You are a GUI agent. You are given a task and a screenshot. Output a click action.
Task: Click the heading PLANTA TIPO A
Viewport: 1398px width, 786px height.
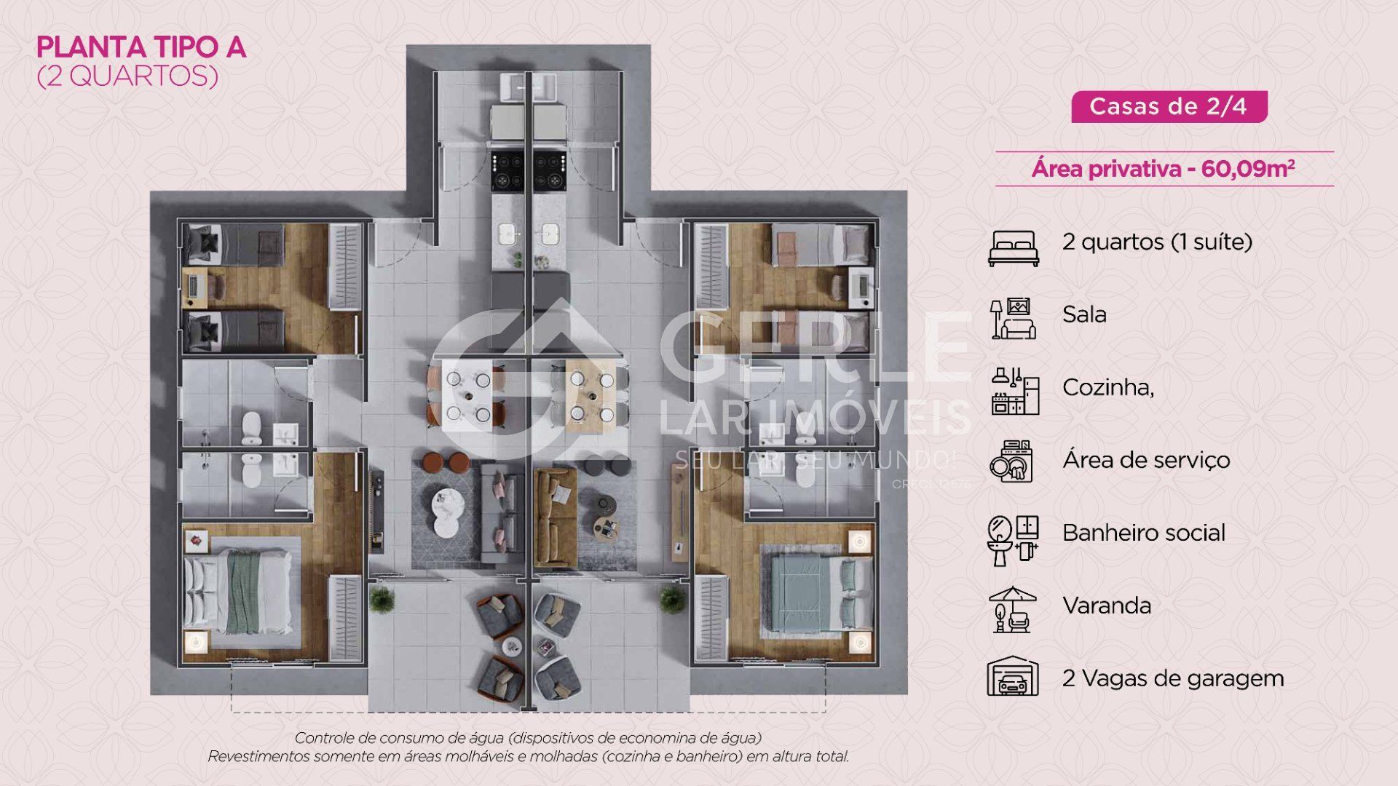tap(141, 48)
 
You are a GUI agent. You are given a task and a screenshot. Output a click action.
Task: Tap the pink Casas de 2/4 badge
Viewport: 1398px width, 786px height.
tap(1169, 106)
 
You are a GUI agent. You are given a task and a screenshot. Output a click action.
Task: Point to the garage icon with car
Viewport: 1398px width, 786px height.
tap(1012, 678)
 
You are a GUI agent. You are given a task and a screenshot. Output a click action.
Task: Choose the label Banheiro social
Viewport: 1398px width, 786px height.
tap(1143, 533)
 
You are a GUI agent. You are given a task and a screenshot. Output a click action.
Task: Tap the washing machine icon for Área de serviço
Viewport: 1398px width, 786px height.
tap(1012, 461)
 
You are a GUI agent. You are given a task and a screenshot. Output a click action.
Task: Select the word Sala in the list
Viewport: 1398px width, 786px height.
tap(1084, 314)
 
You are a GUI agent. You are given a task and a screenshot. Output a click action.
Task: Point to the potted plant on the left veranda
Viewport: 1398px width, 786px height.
tap(381, 599)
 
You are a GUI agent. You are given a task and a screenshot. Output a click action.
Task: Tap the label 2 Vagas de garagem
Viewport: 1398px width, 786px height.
tap(1173, 678)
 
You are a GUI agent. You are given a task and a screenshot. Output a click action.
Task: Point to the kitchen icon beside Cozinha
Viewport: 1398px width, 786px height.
tap(1014, 391)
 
